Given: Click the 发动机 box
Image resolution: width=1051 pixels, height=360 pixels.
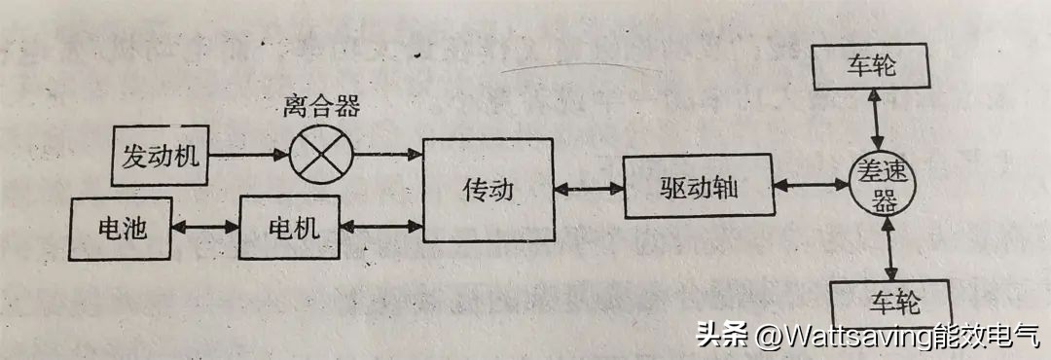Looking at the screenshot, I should [162, 156].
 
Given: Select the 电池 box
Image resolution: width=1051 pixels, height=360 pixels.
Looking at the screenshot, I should [122, 228].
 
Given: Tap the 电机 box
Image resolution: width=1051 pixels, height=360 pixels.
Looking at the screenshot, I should [289, 229].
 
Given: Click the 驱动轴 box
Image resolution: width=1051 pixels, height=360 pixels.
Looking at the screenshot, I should [697, 186].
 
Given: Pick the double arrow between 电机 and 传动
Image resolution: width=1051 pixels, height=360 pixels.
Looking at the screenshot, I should [381, 228].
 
